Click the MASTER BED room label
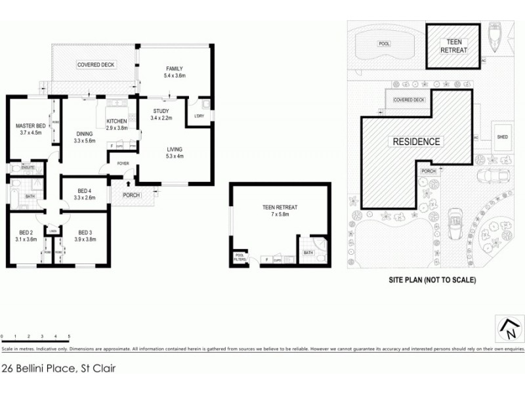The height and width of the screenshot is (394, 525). pos(31,125)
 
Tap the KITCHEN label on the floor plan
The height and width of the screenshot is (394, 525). pos(117,121)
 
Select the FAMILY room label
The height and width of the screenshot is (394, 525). pos(174,69)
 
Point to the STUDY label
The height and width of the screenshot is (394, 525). pos(161,111)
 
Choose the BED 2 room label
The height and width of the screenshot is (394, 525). pos(26,232)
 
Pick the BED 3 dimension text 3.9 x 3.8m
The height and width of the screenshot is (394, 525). pos(84,240)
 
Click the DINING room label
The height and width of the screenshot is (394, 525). pos(85,133)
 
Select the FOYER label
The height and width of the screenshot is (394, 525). pos(123,163)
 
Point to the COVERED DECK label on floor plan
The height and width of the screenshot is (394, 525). pos(95,65)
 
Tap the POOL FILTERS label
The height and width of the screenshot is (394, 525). pos(238,258)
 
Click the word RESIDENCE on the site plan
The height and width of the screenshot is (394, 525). pos(416,141)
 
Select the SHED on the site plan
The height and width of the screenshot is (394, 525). pos(503,137)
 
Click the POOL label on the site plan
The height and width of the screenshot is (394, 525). pos(383,45)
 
